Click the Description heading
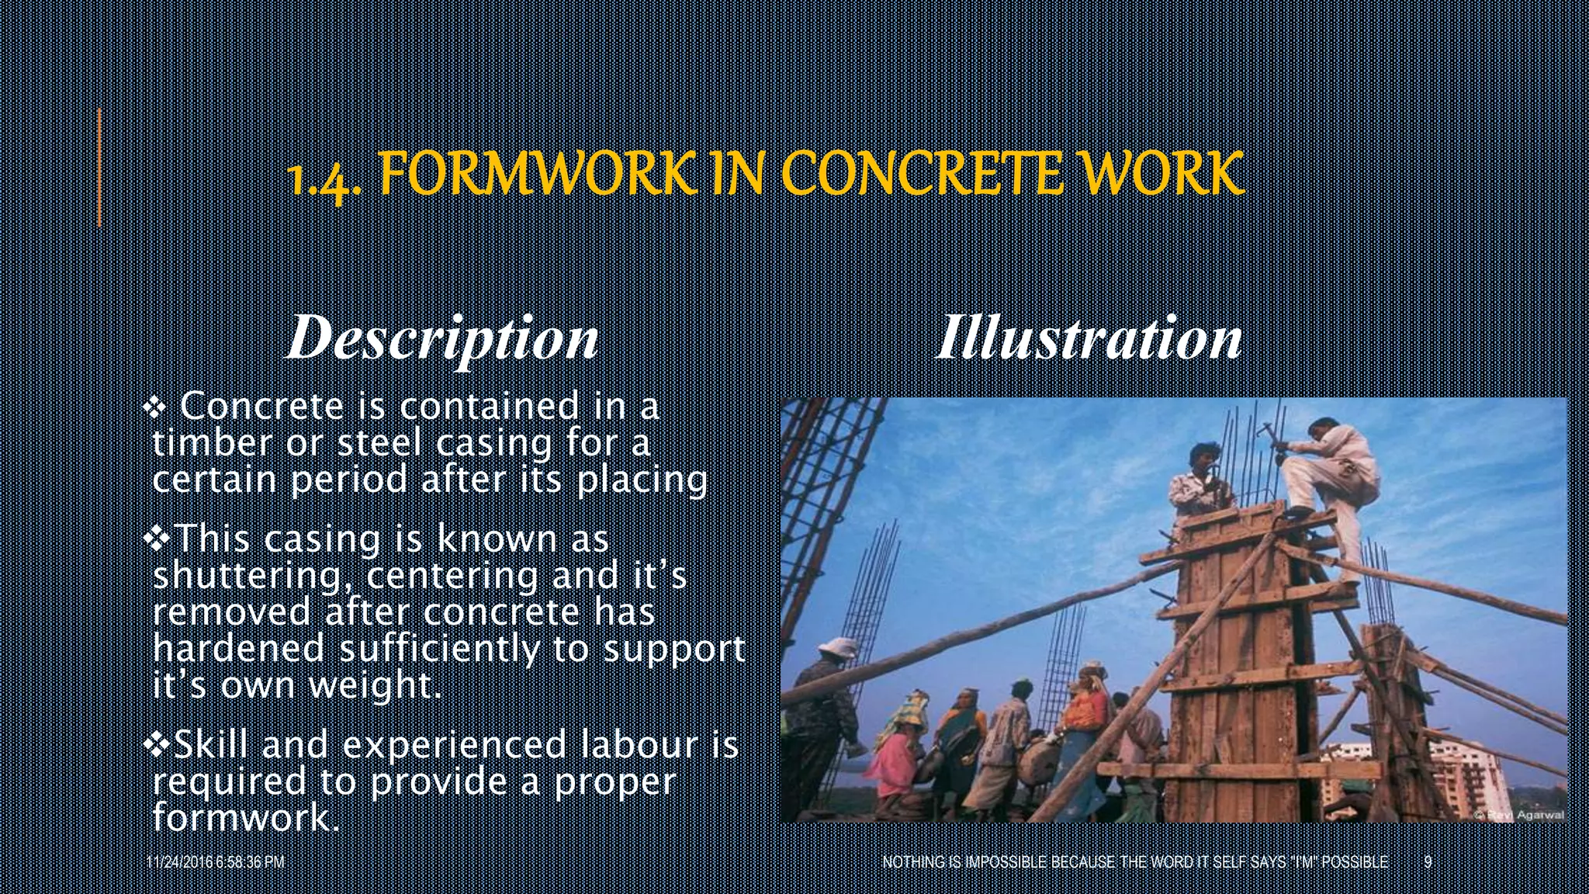pos(442,338)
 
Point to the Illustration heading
pos(1089,338)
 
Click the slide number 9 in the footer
pos(1428,862)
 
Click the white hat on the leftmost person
pos(835,646)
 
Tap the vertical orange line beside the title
pos(99,168)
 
